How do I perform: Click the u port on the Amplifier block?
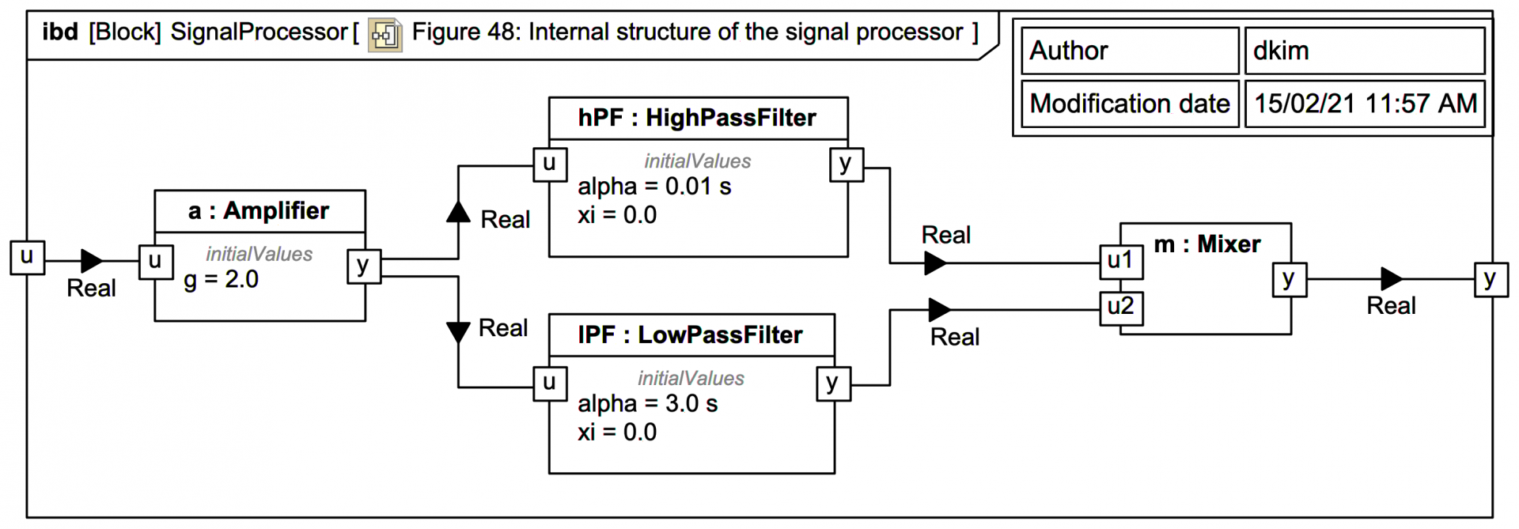point(155,262)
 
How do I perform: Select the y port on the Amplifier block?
point(364,266)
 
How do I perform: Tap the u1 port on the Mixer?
point(1121,262)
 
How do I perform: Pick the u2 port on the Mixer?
point(1121,308)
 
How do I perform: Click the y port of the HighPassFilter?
point(846,164)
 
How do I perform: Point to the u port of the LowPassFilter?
point(550,384)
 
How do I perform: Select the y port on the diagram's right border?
point(1491,280)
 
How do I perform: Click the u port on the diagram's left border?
point(27,257)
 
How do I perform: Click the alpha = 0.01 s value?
point(654,187)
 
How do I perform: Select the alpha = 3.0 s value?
point(647,404)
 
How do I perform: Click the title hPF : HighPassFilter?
point(696,119)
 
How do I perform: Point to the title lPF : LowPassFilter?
point(690,335)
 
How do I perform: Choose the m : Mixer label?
point(1206,244)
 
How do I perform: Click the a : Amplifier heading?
point(259,211)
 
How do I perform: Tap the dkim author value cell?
point(1364,51)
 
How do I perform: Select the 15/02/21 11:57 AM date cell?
point(1364,104)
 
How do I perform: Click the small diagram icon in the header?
point(385,34)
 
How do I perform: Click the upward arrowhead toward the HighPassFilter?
point(458,212)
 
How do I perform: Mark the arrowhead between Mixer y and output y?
point(1391,278)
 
